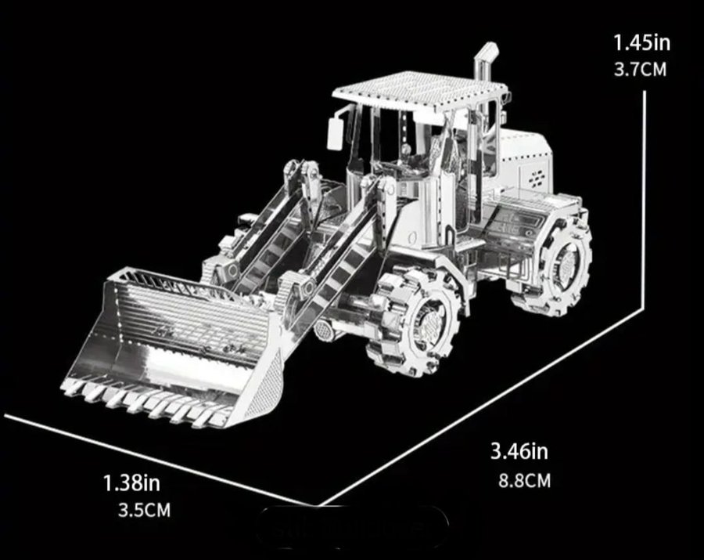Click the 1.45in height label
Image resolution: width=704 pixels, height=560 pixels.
pos(641,43)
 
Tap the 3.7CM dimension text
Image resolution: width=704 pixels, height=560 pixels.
pos(640,70)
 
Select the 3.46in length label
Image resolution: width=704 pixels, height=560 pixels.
pos(519,451)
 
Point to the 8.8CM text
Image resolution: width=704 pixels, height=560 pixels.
pos(524,480)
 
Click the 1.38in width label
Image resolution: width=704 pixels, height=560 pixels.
pos(131,482)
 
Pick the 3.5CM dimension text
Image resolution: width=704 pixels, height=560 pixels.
pos(144,510)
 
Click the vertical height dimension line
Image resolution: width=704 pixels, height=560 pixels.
pos(645,200)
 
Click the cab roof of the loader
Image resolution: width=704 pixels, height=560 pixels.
pos(420,91)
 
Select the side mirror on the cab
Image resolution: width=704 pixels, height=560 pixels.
pos(335,133)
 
